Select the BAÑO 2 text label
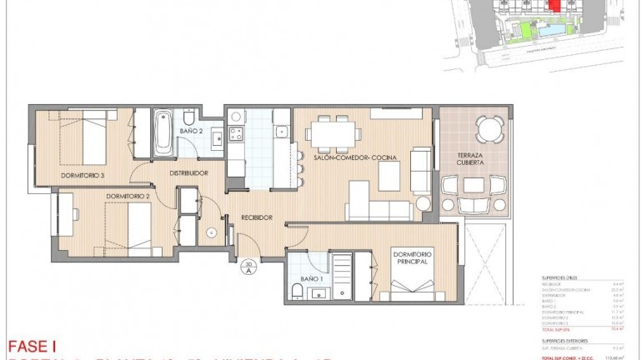(x=191, y=131)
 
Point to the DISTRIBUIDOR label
(x=188, y=173)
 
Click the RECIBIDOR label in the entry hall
(x=257, y=217)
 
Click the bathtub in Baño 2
(x=163, y=134)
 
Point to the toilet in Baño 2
(x=189, y=115)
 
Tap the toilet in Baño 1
(x=297, y=290)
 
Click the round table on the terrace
(x=489, y=129)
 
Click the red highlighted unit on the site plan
(x=554, y=6)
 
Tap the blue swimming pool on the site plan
(x=550, y=30)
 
